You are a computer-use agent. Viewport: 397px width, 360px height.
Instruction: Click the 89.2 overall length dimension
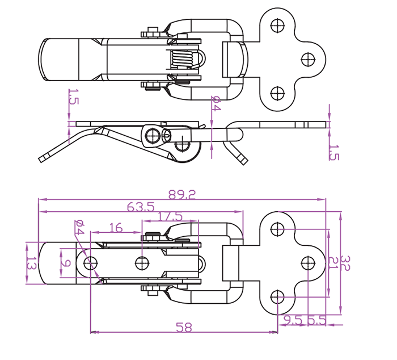[x=182, y=195]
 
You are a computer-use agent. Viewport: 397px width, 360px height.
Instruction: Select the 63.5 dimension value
[x=141, y=208]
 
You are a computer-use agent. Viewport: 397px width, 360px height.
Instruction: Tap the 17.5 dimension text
[x=170, y=216]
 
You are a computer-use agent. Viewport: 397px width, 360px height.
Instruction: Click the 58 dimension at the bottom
[x=183, y=328]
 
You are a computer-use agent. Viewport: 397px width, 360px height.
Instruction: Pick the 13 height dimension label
[x=32, y=263]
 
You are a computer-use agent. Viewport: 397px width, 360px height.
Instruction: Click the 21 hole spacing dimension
[x=333, y=262]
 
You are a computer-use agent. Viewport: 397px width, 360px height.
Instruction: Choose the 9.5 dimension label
[x=294, y=321]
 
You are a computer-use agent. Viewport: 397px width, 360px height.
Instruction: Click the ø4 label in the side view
[x=216, y=104]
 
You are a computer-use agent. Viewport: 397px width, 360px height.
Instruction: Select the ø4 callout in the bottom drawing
[x=78, y=228]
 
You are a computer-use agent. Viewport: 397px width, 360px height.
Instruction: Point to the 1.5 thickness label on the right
[x=333, y=153]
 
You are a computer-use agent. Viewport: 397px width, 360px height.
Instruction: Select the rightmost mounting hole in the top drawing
[x=308, y=59]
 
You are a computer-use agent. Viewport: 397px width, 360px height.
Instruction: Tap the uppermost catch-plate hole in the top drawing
[x=277, y=25]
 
